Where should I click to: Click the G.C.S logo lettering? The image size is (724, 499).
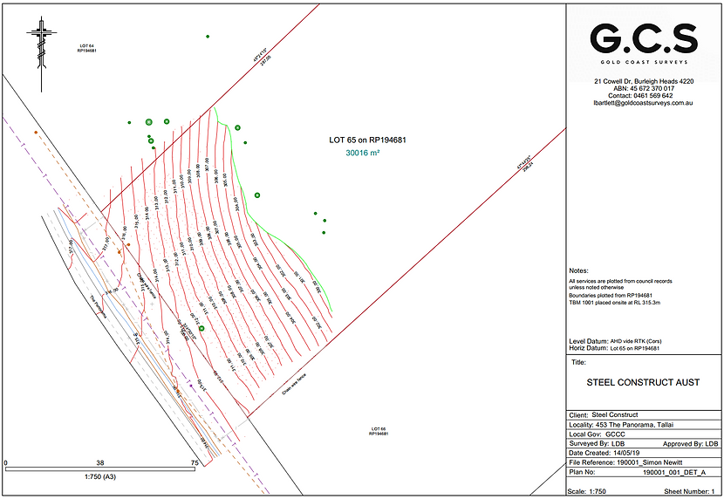pyautogui.click(x=644, y=38)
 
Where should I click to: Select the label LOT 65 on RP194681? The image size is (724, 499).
pyautogui.click(x=368, y=140)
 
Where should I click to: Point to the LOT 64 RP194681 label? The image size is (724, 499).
pyautogui.click(x=85, y=48)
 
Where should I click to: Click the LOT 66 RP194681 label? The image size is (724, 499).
pyautogui.click(x=378, y=431)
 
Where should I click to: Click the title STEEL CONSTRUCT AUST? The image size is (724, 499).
pyautogui.click(x=643, y=383)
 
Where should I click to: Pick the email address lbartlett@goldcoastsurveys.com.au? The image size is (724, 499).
pyautogui.click(x=643, y=103)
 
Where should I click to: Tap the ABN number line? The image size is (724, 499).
pyautogui.click(x=644, y=88)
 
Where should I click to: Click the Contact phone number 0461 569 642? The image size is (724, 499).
pyautogui.click(x=644, y=96)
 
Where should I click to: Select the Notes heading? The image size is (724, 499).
pyautogui.click(x=578, y=271)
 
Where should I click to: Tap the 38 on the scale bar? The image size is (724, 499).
pyautogui.click(x=100, y=463)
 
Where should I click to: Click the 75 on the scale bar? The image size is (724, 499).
pyautogui.click(x=195, y=463)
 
